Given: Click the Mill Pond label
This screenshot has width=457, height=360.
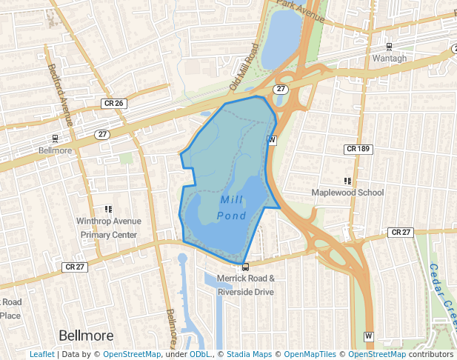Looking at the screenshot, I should tap(232, 207).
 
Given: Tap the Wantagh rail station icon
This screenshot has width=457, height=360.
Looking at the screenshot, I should tap(390, 47).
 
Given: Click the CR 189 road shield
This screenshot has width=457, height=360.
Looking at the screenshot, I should tap(358, 149).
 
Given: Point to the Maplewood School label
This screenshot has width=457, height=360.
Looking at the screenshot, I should tap(347, 193).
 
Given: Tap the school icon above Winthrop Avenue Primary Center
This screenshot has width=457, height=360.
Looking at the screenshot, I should tap(109, 210).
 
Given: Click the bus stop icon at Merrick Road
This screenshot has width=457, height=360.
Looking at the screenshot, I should tap(245, 267).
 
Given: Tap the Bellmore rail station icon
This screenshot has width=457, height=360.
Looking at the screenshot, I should tap(55, 139).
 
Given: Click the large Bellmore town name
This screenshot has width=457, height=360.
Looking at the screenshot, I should tap(85, 334).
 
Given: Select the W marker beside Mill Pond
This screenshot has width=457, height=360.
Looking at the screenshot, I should tap(272, 140).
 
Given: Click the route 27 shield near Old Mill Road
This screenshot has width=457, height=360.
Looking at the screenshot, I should tap(280, 89).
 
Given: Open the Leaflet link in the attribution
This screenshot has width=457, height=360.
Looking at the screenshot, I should tap(41, 355).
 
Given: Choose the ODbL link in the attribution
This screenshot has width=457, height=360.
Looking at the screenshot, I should tap(200, 355).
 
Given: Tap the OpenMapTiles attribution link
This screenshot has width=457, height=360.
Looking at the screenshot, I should tap(310, 355).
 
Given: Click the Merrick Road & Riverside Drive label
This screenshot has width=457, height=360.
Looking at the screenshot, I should tap(246, 285).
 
